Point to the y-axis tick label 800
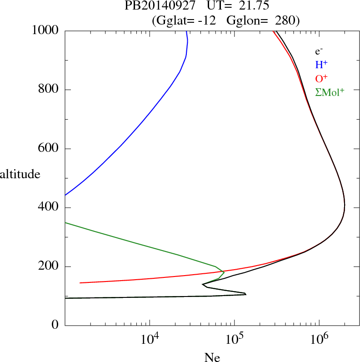[x=50, y=90]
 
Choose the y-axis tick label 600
[x=50, y=149]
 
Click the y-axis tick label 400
[x=50, y=208]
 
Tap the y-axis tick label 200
[x=50, y=266]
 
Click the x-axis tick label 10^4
[x=150, y=339]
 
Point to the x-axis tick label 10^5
[x=235, y=339]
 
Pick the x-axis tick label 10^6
[x=319, y=339]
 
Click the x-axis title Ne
[x=212, y=357]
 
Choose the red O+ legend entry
[x=321, y=78]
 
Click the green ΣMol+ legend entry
[x=330, y=92]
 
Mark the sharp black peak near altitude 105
[x=245, y=294]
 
